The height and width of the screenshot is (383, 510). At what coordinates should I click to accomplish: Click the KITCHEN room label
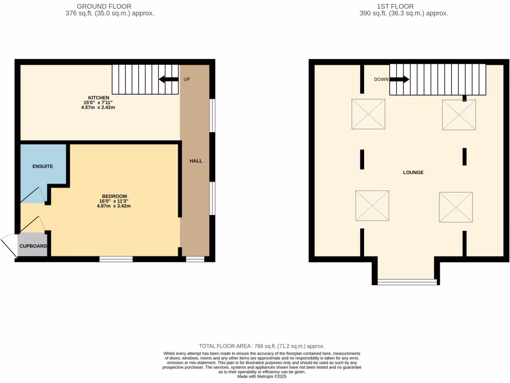click(99, 97)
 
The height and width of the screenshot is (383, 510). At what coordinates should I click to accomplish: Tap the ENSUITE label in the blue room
click(43, 166)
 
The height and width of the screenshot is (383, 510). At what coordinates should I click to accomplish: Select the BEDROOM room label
click(114, 196)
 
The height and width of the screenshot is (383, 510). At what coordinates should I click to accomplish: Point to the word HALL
click(196, 161)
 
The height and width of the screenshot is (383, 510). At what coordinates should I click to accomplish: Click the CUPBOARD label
click(33, 246)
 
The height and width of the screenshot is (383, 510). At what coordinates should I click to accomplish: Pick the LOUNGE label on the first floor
click(413, 173)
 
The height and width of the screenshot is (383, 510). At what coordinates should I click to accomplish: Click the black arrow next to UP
click(168, 79)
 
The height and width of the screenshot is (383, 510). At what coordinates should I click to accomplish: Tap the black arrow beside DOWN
click(399, 79)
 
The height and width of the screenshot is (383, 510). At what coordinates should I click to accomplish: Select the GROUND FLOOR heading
click(104, 6)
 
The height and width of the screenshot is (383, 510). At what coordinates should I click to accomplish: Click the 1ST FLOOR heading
click(403, 6)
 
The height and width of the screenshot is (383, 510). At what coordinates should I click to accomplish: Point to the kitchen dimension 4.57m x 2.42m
click(99, 107)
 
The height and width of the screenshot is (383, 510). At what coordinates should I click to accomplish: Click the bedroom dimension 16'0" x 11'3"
click(114, 201)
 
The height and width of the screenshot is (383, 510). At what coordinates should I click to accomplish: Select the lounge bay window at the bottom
click(407, 282)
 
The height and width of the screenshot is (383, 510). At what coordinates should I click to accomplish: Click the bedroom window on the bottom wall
click(116, 259)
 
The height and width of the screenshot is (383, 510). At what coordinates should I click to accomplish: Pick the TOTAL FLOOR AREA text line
click(261, 346)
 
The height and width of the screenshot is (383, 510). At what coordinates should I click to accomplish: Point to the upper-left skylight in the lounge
click(369, 113)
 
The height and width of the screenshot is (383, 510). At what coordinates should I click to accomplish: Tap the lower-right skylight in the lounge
click(455, 207)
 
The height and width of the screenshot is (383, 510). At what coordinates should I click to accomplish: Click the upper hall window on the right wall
click(212, 116)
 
